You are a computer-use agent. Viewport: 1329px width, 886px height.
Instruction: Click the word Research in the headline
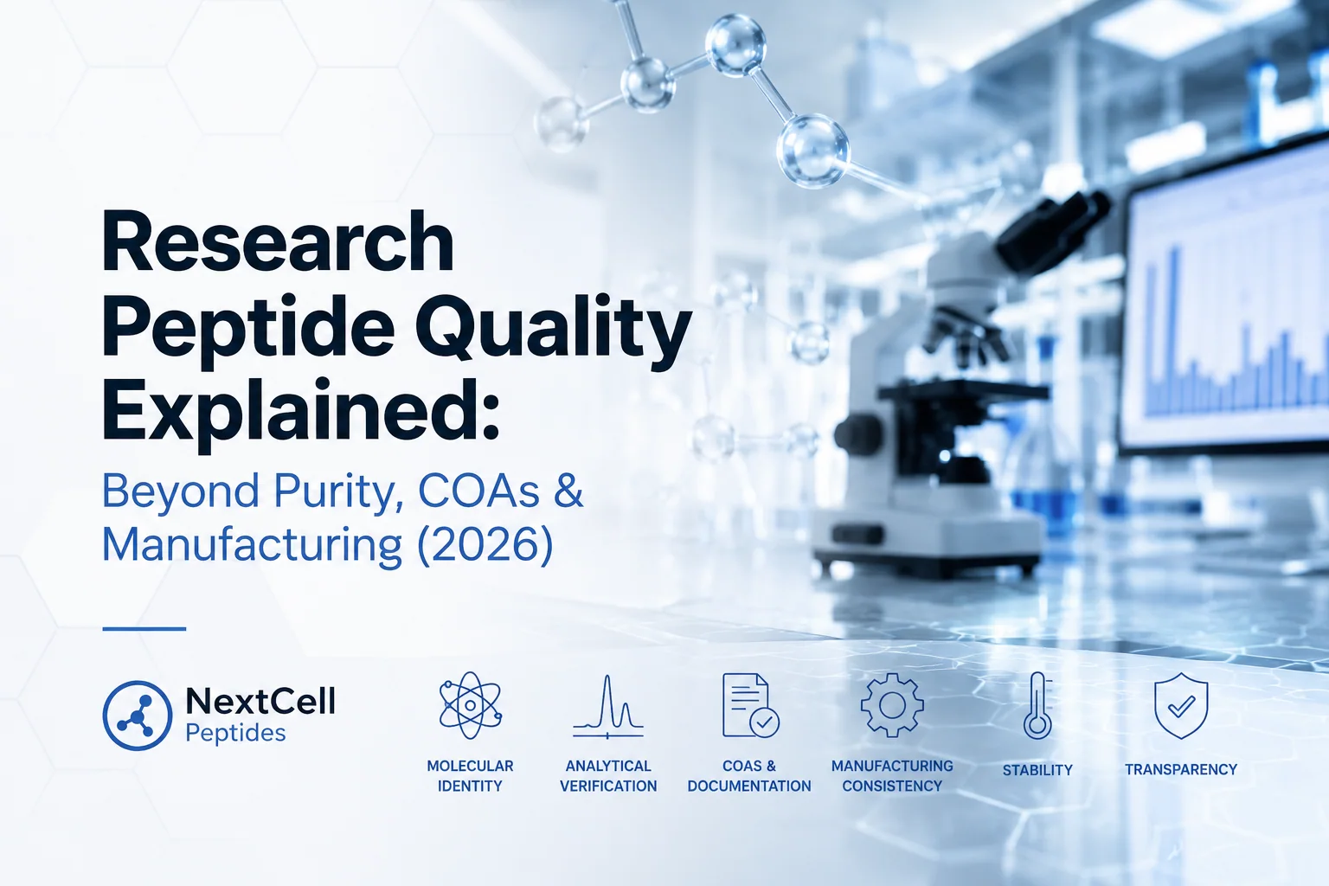pyautogui.click(x=279, y=242)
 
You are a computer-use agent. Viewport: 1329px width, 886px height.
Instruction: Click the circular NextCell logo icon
pyautogui.click(x=137, y=715)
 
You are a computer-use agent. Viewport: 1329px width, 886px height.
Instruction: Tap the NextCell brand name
pyautogui.click(x=260, y=701)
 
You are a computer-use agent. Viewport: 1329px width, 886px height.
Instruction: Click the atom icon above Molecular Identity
pyautogui.click(x=470, y=705)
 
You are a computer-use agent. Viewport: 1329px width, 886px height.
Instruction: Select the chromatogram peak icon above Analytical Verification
pyautogui.click(x=607, y=706)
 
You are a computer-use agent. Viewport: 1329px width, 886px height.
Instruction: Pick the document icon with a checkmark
pyautogui.click(x=750, y=705)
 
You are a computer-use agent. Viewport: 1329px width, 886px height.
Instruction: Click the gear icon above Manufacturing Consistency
pyautogui.click(x=892, y=705)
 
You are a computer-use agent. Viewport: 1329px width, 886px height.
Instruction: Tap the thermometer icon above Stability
pyautogui.click(x=1037, y=705)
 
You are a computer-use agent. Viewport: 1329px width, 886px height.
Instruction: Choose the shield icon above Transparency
pyautogui.click(x=1181, y=705)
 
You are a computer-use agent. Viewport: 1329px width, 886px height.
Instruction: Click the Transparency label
pyautogui.click(x=1181, y=770)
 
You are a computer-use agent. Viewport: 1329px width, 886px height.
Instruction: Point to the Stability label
pyautogui.click(x=1037, y=770)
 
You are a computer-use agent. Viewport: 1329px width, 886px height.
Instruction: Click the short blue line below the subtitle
pyautogui.click(x=144, y=628)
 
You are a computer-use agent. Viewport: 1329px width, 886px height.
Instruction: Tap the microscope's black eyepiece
pyautogui.click(x=1053, y=231)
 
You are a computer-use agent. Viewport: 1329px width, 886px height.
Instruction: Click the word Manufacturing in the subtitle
pyautogui.click(x=252, y=543)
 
